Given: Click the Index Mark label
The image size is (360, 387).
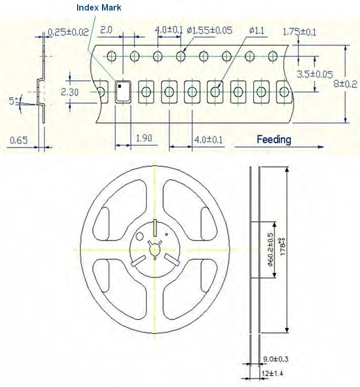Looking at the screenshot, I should click(98, 7).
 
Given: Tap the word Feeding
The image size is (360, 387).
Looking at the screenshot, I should click(274, 140).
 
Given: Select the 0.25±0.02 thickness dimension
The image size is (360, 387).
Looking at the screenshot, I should click(68, 32).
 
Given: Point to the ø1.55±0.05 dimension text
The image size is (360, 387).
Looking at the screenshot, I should click(209, 30).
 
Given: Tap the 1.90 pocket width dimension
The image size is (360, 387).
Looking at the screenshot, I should click(144, 139).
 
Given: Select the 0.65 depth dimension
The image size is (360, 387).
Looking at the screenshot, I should click(19, 140).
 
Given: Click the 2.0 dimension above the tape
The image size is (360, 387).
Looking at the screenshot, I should click(106, 30).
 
